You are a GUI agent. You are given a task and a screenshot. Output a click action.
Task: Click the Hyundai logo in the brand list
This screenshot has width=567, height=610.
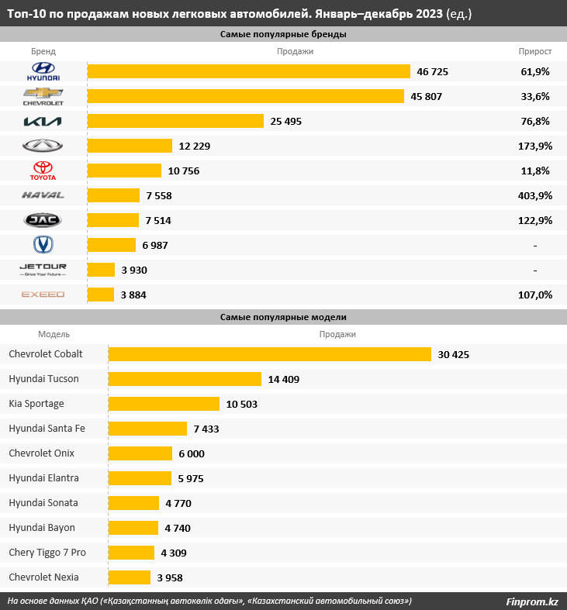click(x=43, y=71)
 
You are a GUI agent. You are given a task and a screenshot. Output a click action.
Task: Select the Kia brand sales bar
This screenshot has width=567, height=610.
click(x=175, y=121)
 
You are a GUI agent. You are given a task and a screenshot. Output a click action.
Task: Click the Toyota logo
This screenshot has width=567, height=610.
click(x=43, y=171)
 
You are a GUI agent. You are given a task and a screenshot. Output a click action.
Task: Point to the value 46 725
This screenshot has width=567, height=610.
click(x=433, y=71)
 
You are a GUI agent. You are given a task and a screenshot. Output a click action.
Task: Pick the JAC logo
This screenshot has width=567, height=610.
click(x=43, y=220)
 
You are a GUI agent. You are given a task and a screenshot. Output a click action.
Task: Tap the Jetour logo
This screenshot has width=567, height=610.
click(x=43, y=270)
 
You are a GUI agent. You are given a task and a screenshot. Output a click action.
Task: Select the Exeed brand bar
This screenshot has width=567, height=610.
click(x=101, y=295)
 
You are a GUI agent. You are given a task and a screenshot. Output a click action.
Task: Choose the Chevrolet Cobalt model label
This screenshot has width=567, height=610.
click(x=46, y=354)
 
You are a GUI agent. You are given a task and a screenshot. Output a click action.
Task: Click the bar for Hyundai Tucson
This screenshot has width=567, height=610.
click(x=185, y=379)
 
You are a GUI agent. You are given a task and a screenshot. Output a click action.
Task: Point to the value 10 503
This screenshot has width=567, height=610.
click(x=242, y=404)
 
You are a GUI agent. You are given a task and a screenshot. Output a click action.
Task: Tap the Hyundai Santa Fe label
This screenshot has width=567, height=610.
click(x=47, y=428)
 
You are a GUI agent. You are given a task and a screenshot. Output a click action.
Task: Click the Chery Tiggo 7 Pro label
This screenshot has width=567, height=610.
click(x=47, y=552)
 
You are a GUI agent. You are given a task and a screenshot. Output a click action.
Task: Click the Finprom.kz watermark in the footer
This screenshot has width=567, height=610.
click(x=531, y=601)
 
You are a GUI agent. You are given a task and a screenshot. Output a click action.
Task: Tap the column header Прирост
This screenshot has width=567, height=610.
click(x=535, y=52)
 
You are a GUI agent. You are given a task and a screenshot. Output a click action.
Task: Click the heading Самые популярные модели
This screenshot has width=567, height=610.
click(x=283, y=317)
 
